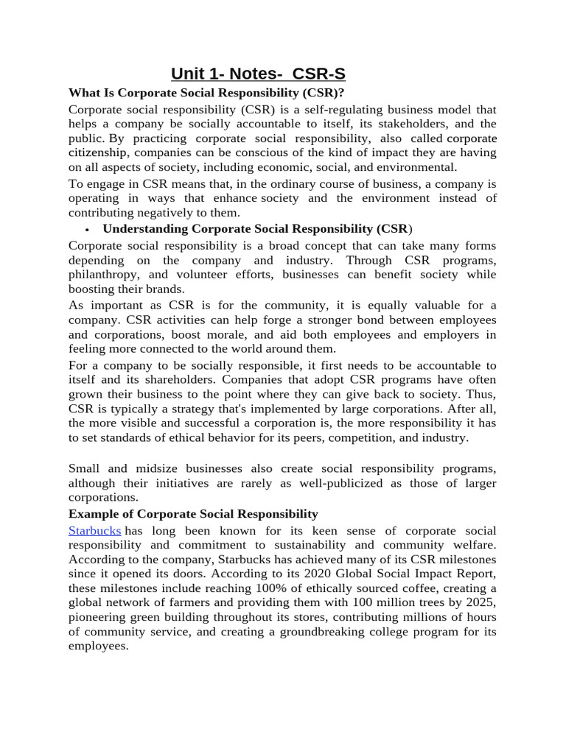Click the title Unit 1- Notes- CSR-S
click(x=258, y=74)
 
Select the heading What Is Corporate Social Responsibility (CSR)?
click(x=206, y=93)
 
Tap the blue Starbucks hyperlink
click(x=94, y=531)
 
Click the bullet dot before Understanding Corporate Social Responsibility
click(x=87, y=229)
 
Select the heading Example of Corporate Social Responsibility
click(x=193, y=514)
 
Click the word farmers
click(x=199, y=602)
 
